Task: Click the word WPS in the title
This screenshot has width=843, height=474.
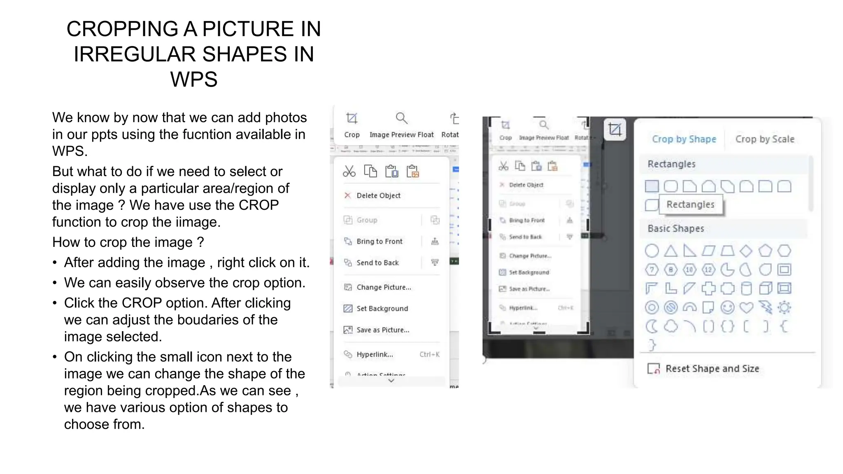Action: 193,79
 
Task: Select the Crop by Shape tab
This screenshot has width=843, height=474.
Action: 684,139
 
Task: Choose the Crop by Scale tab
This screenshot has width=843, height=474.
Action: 764,139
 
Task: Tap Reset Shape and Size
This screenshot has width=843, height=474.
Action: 712,369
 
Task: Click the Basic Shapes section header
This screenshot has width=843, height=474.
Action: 675,228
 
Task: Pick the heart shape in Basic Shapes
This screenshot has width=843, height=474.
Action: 746,307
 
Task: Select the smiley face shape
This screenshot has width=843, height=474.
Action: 727,307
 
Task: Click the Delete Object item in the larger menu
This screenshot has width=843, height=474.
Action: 378,195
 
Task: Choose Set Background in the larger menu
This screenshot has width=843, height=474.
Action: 382,309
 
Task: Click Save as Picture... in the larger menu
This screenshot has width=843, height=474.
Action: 382,330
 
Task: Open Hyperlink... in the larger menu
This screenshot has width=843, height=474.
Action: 374,354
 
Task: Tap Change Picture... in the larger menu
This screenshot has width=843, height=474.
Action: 383,287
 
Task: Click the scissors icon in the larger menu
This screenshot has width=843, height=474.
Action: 349,171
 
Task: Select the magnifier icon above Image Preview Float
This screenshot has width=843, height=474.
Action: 401,118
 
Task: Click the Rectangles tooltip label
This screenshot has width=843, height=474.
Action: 690,204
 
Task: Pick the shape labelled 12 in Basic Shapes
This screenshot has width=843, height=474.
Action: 708,270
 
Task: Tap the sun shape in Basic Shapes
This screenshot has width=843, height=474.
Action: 784,307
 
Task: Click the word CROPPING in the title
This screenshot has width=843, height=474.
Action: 122,29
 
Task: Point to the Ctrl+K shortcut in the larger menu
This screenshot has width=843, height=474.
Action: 429,354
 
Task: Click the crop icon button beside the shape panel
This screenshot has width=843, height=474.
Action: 615,130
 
